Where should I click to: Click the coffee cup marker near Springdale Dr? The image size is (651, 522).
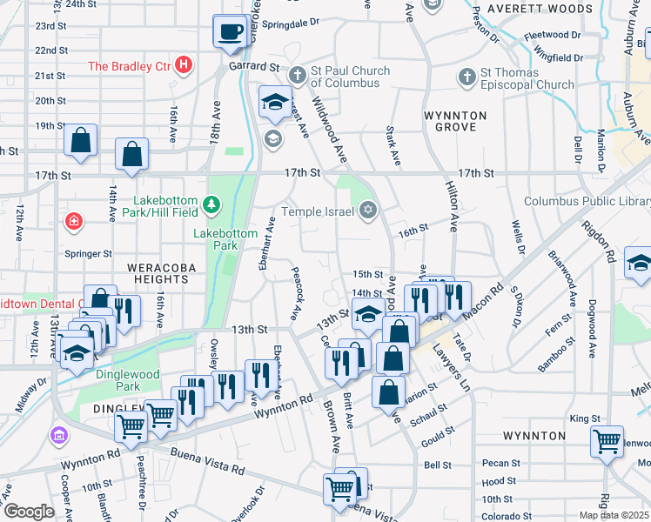(231, 32)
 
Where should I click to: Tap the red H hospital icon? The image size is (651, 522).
(183, 64)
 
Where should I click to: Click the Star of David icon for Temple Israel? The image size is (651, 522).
(367, 211)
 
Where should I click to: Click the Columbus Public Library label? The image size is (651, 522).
(586, 202)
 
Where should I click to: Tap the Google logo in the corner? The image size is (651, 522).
(28, 512)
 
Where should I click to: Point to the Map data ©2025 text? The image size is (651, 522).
(614, 515)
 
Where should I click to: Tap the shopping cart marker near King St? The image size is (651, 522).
(607, 441)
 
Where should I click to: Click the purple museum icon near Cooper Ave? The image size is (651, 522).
(58, 434)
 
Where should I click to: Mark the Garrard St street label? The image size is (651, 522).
(253, 66)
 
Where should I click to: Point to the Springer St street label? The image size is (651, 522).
(89, 254)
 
